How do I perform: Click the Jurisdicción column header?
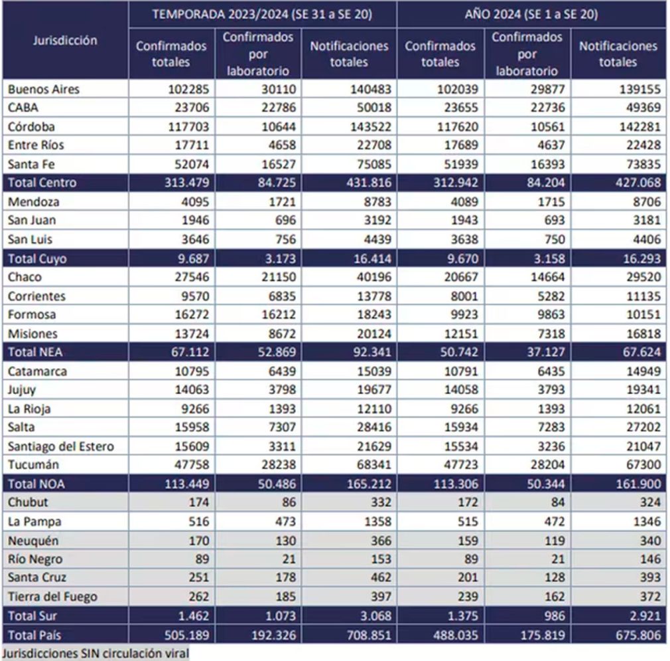(x=65, y=41)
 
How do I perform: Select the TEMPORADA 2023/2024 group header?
(x=263, y=15)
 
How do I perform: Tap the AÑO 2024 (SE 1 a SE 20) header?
(x=531, y=15)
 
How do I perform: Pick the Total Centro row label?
(x=42, y=183)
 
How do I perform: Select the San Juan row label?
(x=31, y=220)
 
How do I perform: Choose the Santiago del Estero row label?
(x=60, y=446)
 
